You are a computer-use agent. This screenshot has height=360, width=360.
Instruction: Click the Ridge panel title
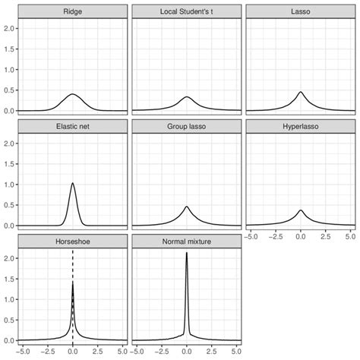pos(73,11)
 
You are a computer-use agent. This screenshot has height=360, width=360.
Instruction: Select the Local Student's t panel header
pos(187,11)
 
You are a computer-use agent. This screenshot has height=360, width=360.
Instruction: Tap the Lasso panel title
pos(301,11)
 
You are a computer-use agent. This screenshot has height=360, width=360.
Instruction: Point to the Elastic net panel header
pos(73,127)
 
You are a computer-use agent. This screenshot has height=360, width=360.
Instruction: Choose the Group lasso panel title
pos(187,127)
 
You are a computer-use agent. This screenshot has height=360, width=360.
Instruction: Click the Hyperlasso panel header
pos(301,127)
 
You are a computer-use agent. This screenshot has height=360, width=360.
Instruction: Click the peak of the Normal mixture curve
pos(187,254)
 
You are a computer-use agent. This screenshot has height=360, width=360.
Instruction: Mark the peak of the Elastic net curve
pos(73,183)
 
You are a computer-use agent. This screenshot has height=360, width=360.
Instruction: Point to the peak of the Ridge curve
pos(73,94)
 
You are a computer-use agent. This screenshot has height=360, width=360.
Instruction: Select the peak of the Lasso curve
pos(301,92)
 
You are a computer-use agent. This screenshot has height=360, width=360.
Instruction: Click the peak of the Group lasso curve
pos(187,207)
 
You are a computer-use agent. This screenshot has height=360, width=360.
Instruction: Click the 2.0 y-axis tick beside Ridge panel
pos(11,28)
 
